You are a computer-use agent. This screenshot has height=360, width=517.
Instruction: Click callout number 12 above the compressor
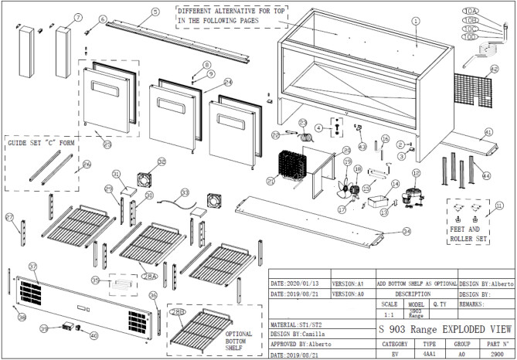[416, 174]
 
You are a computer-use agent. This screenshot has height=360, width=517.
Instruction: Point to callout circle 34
[406, 231]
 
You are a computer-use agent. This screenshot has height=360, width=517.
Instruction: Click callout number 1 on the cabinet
[415, 22]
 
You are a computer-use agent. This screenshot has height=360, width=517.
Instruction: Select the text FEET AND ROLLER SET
[470, 234]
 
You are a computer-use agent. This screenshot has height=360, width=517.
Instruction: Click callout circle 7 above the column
[78, 16]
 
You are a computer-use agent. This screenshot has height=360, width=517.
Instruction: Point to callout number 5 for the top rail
[155, 12]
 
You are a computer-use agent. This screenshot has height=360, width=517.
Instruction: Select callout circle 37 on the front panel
[32, 266]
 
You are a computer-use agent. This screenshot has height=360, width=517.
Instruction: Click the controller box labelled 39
[67, 327]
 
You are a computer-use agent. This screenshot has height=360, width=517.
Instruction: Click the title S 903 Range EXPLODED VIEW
[446, 328]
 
